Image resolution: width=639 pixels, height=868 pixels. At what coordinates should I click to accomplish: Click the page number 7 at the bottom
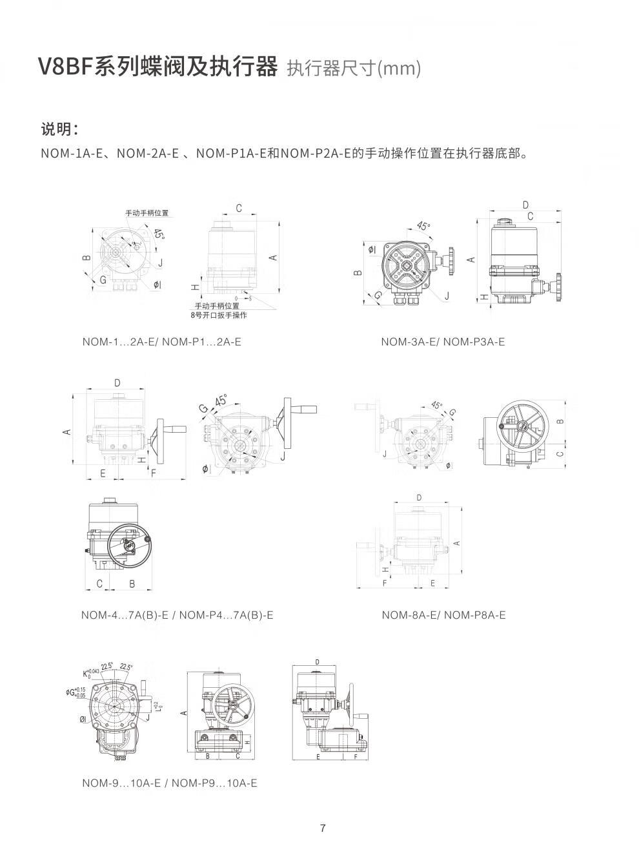[x=323, y=829]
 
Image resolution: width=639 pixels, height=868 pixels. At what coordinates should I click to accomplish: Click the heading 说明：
[x=60, y=129]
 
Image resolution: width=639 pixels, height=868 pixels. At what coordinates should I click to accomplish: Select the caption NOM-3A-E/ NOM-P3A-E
[x=443, y=342]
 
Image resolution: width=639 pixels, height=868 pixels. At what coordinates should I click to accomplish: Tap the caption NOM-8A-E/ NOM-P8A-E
[x=443, y=615]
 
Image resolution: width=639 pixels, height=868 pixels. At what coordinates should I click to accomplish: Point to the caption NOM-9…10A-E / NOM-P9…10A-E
[x=169, y=783]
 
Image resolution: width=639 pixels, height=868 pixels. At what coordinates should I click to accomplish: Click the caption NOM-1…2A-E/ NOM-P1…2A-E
[x=161, y=342]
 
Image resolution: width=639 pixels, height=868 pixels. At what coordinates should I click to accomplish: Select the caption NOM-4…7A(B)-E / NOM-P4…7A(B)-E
[x=177, y=615]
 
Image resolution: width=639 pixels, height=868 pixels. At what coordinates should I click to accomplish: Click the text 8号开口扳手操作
[x=218, y=315]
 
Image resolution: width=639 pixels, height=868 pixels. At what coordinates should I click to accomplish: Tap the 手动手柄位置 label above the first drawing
[x=147, y=212]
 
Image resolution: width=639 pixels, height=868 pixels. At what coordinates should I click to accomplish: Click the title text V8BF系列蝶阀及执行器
[x=158, y=67]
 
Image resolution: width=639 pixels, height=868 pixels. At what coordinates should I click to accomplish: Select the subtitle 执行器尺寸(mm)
[x=354, y=68]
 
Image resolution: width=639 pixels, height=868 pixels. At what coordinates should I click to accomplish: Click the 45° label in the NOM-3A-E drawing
[x=423, y=226]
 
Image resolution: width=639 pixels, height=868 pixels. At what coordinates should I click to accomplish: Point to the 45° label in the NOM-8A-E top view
[x=437, y=406]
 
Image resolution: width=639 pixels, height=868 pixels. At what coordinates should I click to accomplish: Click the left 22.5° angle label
[x=107, y=666]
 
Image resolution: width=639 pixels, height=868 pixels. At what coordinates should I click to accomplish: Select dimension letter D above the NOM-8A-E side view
[x=419, y=497]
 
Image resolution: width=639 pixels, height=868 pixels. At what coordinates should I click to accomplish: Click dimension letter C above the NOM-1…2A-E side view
[x=238, y=208]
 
